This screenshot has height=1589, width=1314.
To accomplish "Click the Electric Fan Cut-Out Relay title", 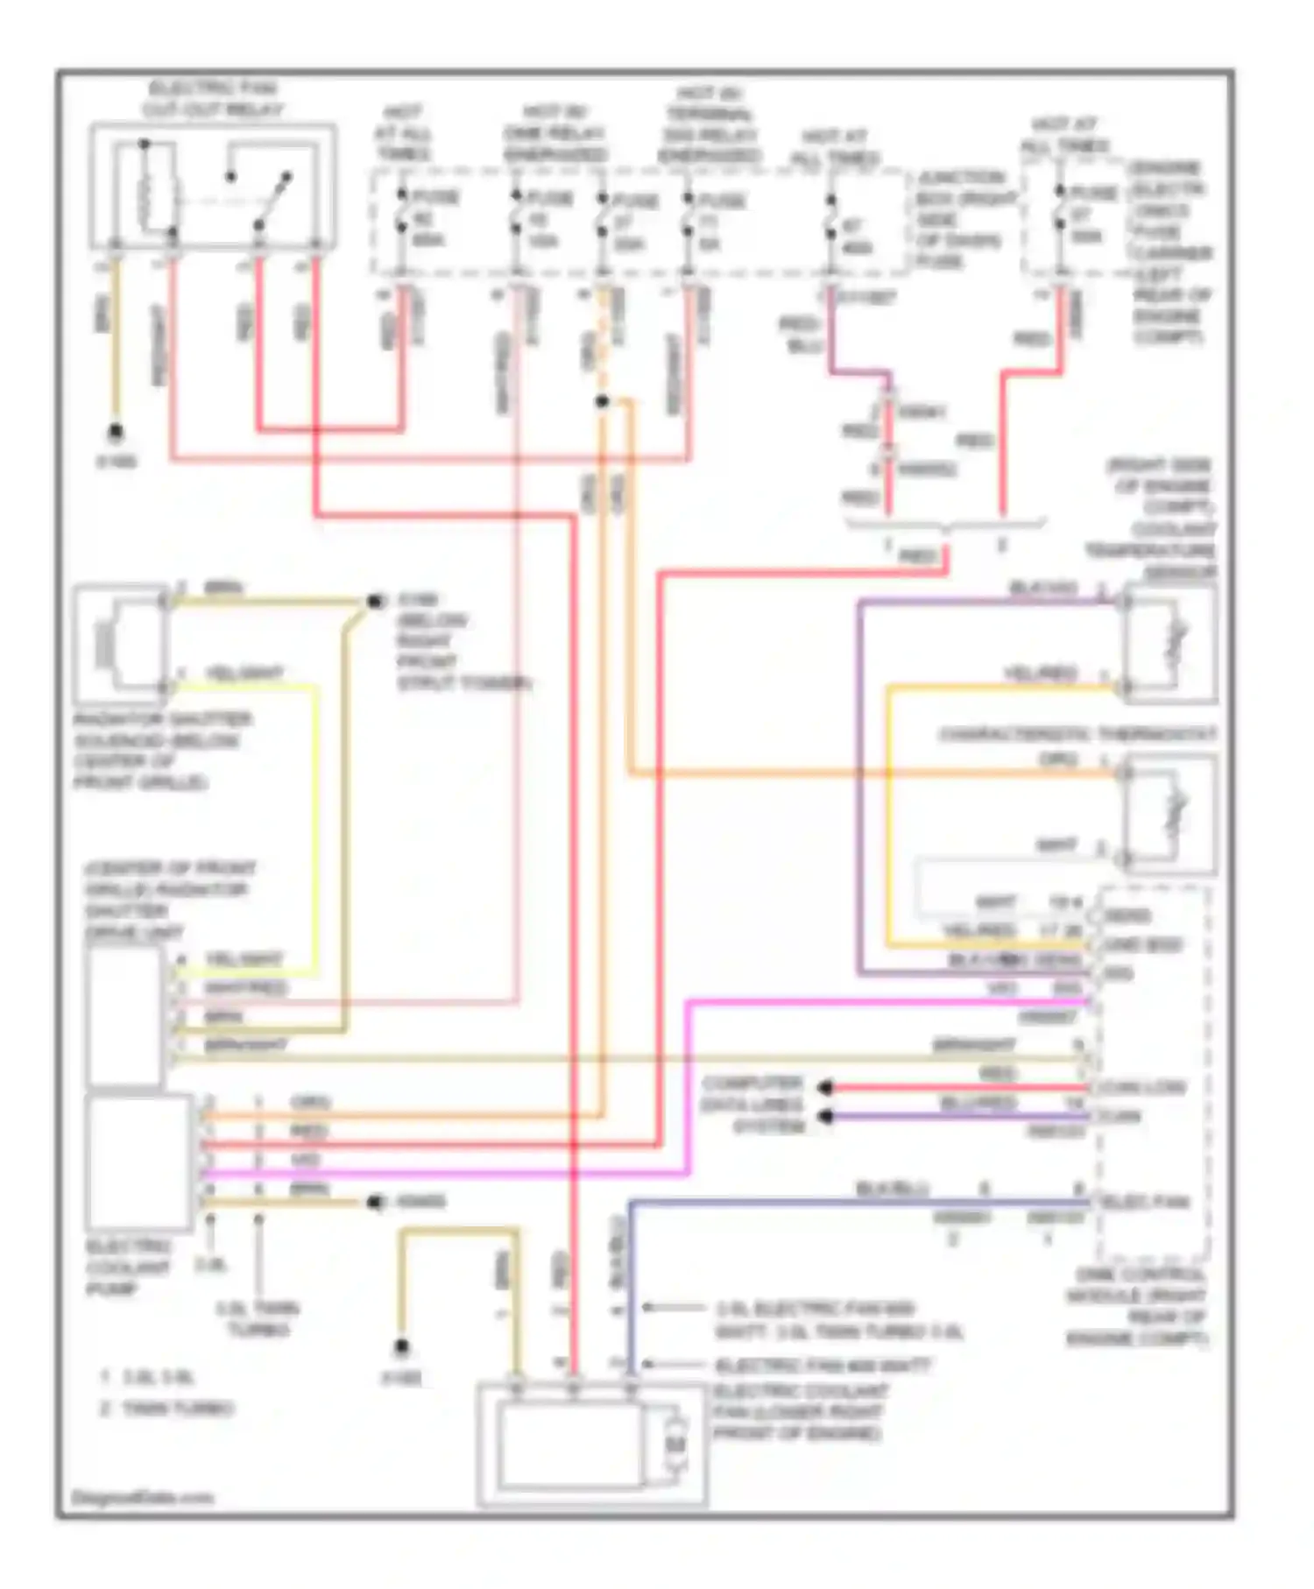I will (x=212, y=99).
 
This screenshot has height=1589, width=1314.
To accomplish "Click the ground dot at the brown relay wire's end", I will (x=115, y=433).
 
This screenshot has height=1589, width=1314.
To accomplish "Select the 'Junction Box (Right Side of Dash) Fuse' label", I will (x=961, y=219).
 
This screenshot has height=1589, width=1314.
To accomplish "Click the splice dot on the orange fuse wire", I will (x=602, y=402).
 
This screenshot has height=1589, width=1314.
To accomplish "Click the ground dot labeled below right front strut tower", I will (x=376, y=602).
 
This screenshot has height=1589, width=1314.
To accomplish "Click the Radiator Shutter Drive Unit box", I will (x=124, y=1016).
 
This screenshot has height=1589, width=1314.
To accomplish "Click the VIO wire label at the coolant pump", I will (x=306, y=1160).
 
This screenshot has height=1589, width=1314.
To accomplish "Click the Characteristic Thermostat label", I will (x=1077, y=734).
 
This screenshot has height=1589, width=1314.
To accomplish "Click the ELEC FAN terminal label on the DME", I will (x=1146, y=1202).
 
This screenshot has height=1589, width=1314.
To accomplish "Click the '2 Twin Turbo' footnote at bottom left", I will (x=167, y=1409).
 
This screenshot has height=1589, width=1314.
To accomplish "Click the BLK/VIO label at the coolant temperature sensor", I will (x=1042, y=588).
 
